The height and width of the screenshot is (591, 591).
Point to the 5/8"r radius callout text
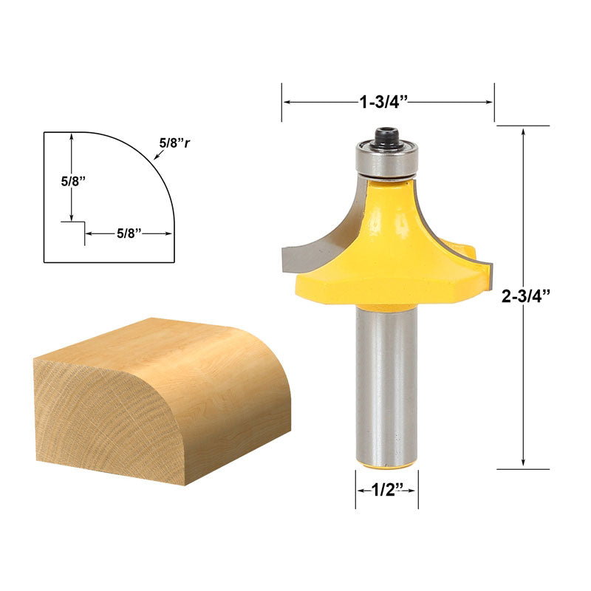174,143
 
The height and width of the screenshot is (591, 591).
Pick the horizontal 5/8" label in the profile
129,233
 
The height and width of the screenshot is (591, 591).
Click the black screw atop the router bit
385,137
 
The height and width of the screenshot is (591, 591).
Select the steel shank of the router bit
386,384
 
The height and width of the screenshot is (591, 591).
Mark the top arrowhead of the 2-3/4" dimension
524,131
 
